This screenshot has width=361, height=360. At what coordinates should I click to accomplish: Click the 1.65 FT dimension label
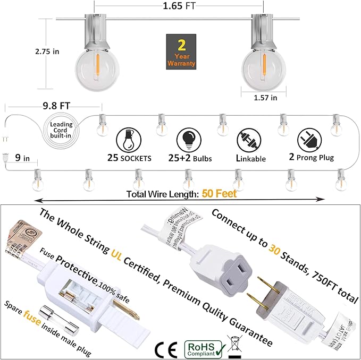[180, 7]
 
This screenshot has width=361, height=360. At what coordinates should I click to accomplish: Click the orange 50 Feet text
[219, 194]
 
